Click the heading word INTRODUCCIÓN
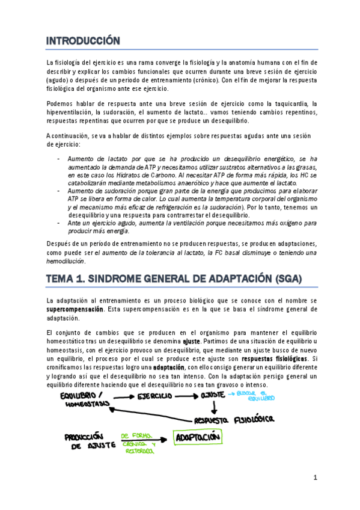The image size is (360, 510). (x=84, y=41)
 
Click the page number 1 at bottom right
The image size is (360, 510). (x=314, y=478)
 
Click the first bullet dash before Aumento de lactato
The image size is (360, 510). (x=58, y=158)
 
